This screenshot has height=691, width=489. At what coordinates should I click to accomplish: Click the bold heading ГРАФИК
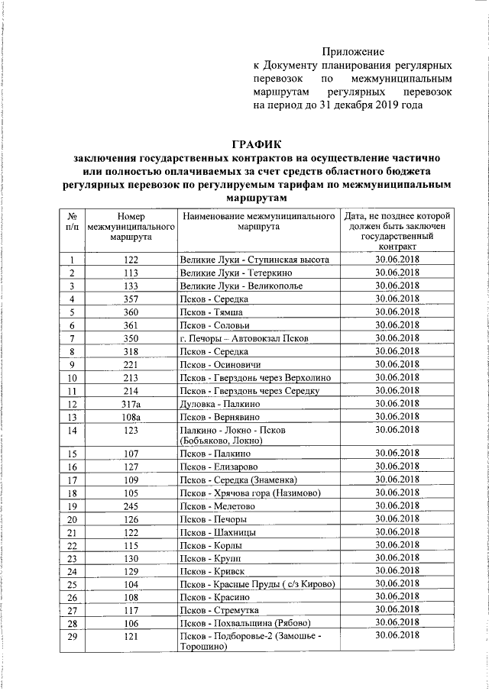click(256, 144)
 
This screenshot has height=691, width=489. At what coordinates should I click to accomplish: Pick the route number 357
click(130, 299)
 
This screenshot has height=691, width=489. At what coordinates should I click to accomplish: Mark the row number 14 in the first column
click(71, 431)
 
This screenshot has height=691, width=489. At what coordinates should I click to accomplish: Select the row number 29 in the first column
click(71, 636)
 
